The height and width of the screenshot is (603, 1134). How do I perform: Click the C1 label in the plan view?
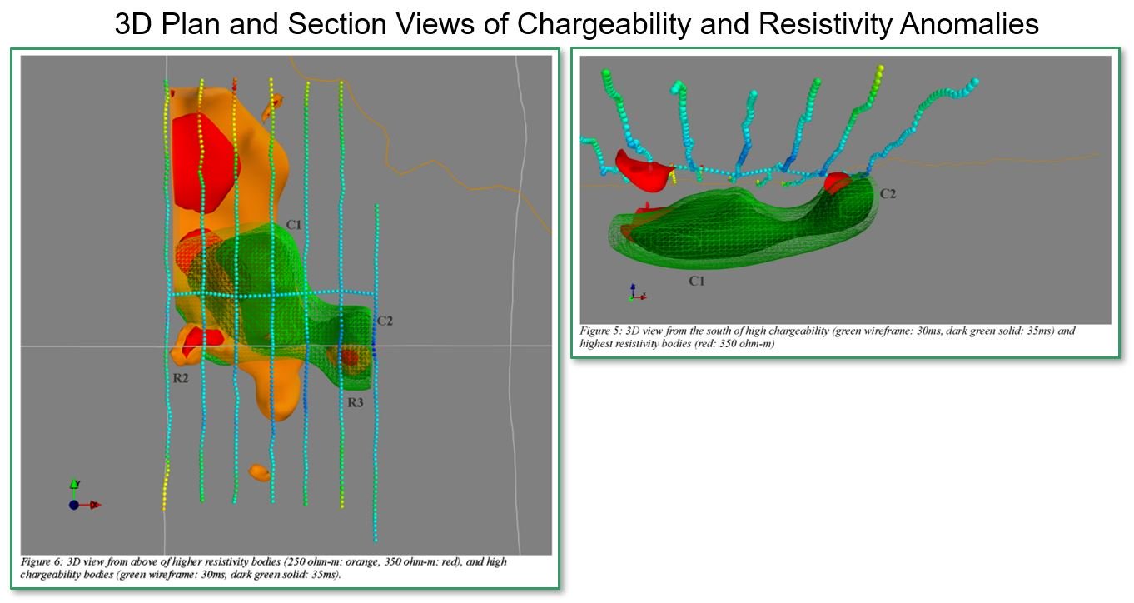tap(294, 225)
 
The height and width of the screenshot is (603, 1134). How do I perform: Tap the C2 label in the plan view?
tap(385, 321)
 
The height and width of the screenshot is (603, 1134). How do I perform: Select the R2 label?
tap(181, 378)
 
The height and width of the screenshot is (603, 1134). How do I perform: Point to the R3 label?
tap(356, 402)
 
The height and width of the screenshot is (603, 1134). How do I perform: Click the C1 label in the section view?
tap(697, 281)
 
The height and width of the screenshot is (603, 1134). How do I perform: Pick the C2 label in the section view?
tap(888, 194)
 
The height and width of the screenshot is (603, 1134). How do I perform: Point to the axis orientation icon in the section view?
tap(637, 292)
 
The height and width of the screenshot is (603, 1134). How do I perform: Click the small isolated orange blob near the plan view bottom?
tap(259, 472)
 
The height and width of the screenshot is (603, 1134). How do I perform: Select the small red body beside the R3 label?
tap(350, 357)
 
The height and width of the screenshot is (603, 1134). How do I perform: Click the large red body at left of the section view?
tap(644, 171)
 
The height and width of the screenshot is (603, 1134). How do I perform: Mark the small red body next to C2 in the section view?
tap(838, 182)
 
